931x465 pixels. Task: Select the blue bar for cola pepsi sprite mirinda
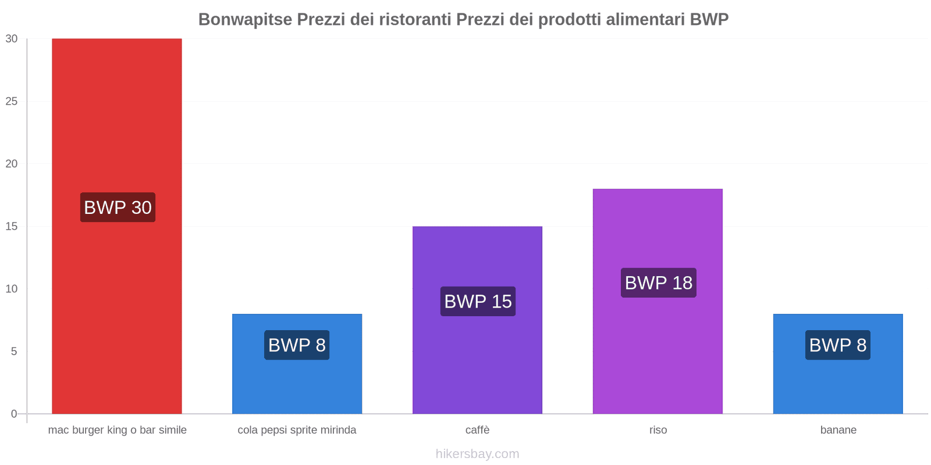point(297,384)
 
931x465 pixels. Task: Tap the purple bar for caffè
point(477,360)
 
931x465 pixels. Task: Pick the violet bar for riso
point(658,349)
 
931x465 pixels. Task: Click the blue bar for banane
point(838,384)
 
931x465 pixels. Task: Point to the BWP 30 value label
point(118,208)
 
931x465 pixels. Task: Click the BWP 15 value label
point(478,302)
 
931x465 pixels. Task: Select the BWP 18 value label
point(658,283)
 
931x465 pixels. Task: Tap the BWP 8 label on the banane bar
point(837,345)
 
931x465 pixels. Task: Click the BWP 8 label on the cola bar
point(297,345)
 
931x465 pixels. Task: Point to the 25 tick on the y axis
point(12,101)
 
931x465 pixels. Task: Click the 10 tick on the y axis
point(12,289)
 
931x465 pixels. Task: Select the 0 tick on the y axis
point(14,414)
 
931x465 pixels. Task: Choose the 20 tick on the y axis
point(12,164)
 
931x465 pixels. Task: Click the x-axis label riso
point(658,430)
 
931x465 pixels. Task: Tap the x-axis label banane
point(838,430)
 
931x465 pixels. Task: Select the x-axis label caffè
point(477,430)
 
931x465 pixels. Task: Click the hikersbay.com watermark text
point(477,454)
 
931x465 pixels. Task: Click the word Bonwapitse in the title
point(245,19)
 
